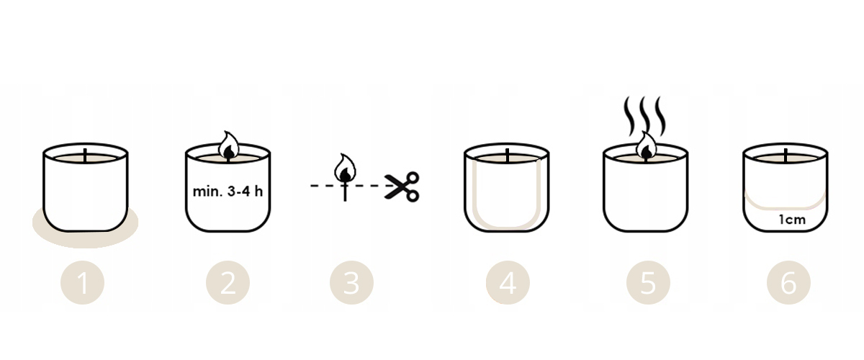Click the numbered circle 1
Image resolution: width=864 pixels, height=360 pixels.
(82, 283)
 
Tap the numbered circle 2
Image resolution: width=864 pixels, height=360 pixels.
(228, 283)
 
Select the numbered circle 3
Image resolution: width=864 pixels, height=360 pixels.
(351, 283)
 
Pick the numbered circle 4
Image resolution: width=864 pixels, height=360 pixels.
(508, 283)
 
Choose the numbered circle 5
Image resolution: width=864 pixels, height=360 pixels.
(648, 283)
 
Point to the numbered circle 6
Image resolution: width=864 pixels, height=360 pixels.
(788, 283)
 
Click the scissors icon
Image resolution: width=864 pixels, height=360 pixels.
(402, 186)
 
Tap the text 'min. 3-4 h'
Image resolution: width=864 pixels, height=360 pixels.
(228, 191)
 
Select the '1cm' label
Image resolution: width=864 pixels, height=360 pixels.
(792, 220)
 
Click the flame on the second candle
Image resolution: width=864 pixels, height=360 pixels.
(229, 146)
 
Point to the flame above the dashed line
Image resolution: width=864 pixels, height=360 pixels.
(345, 168)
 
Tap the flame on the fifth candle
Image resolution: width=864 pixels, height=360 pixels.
(647, 146)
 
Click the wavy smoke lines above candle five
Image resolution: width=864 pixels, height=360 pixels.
(645, 116)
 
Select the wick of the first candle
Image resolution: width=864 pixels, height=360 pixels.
(85, 156)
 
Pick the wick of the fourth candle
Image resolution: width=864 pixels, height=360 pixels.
(507, 156)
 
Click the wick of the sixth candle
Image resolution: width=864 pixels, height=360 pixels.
(786, 156)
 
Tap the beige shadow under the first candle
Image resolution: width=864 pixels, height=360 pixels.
(85, 238)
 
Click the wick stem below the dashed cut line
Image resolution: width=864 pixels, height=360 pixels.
(345, 194)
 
